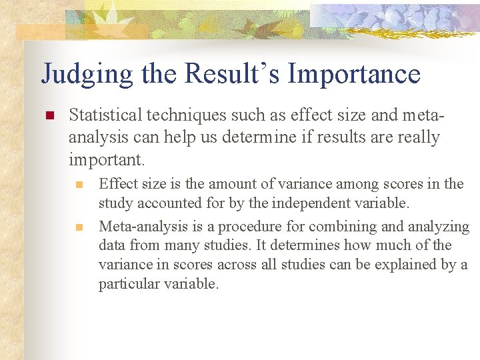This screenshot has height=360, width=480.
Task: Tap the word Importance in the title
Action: [354, 73]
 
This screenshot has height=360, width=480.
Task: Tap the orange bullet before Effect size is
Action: [79, 184]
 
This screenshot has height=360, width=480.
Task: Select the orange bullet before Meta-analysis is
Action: [79, 227]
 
